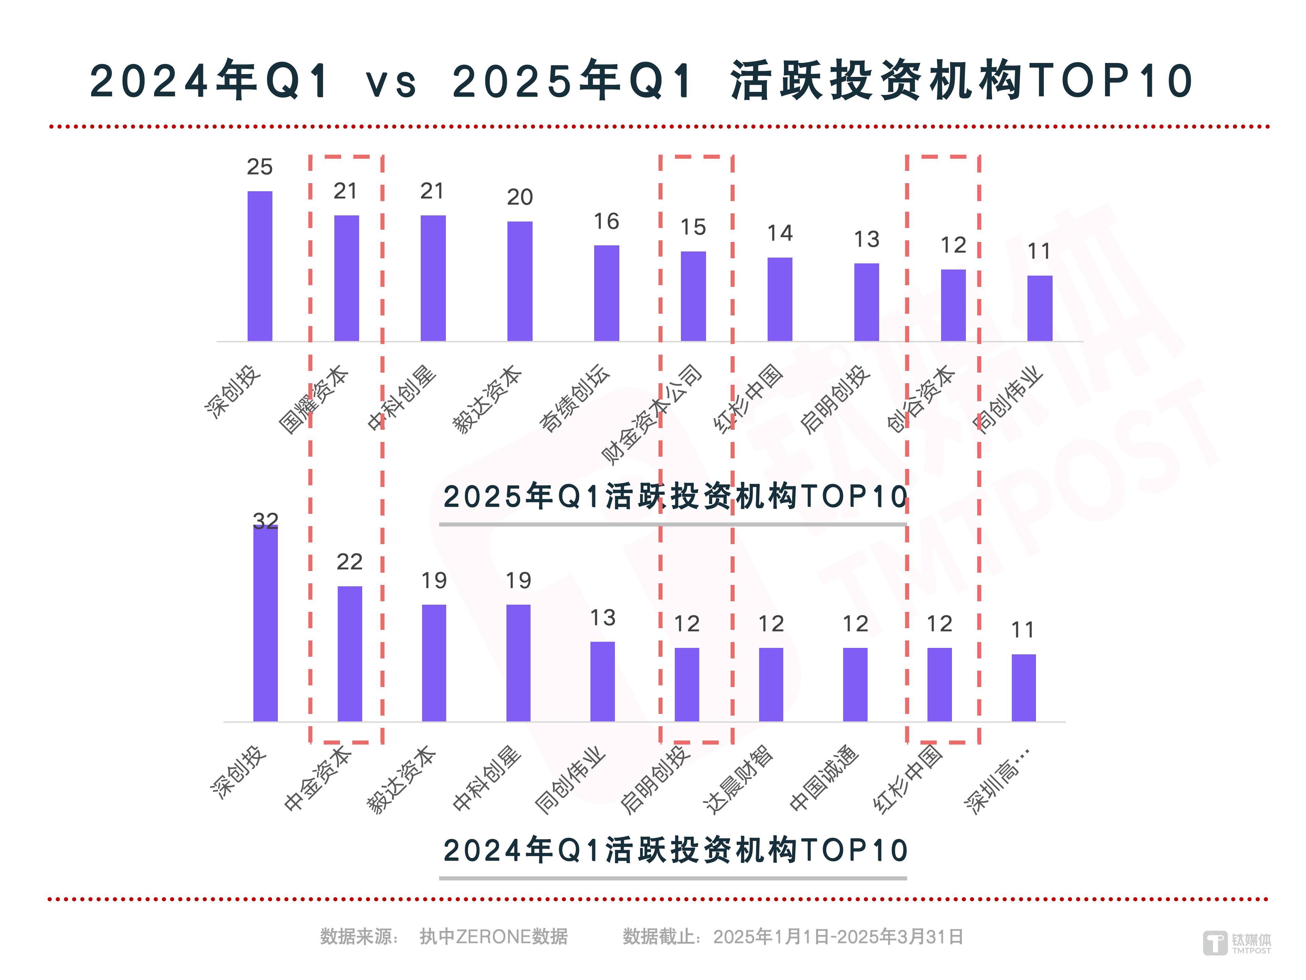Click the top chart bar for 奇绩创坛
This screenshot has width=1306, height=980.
point(606,293)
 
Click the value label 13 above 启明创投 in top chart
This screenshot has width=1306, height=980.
point(866,239)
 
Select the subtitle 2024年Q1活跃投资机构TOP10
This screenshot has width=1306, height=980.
point(675,851)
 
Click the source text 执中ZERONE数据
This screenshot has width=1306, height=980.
point(493,937)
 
